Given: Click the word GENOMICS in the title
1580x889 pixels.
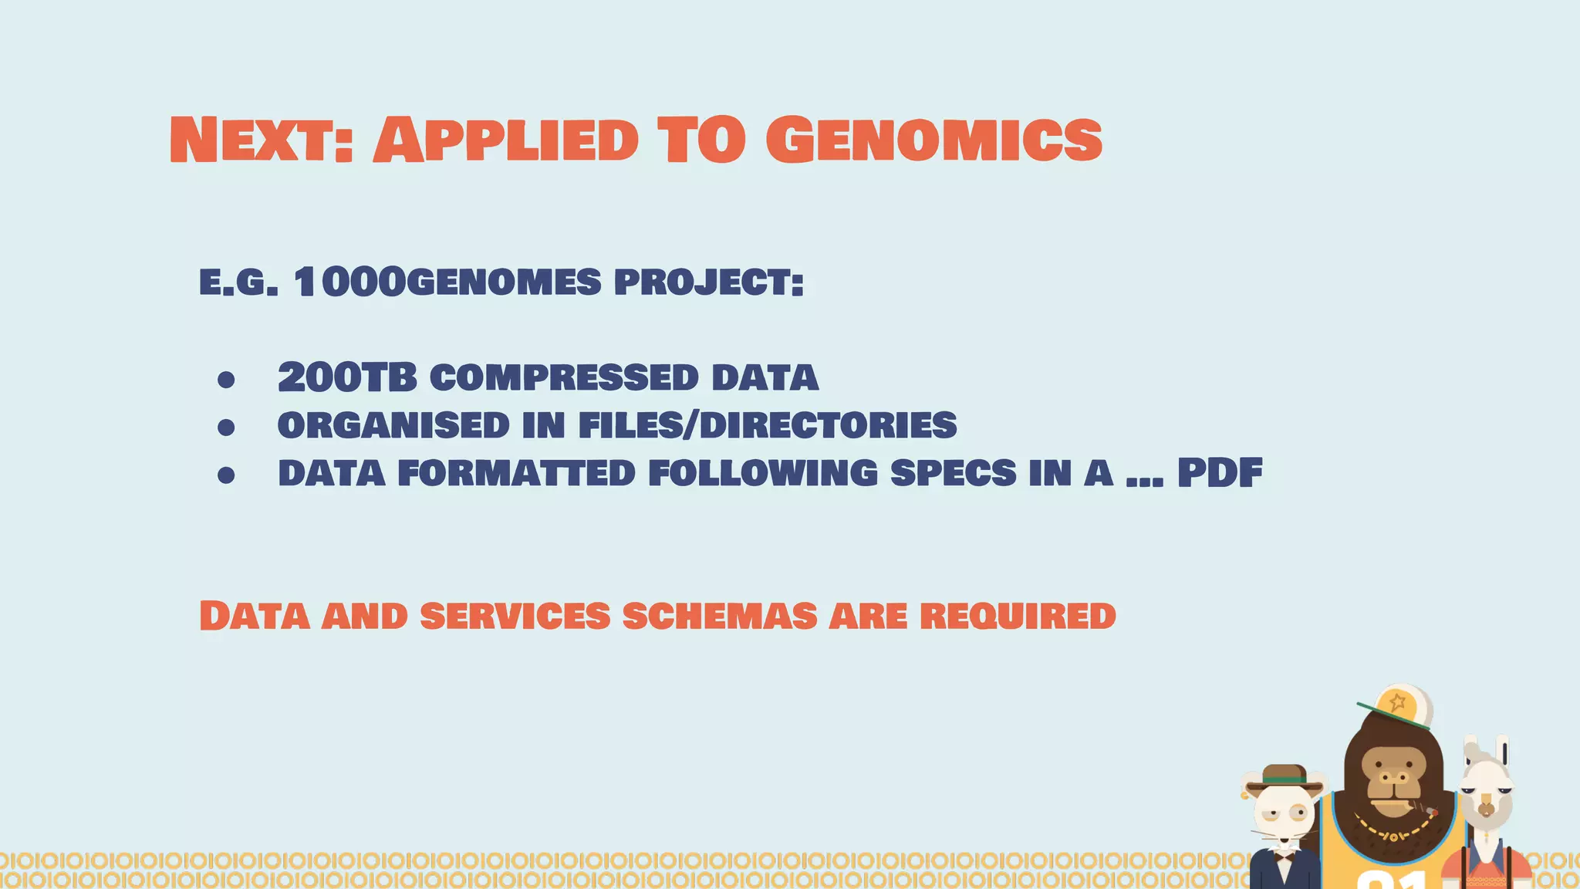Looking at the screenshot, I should click(933, 140).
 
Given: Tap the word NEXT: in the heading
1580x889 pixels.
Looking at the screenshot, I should click(261, 140).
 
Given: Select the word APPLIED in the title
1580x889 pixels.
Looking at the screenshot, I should click(506, 140).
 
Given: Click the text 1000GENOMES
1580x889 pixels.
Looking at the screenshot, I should click(447, 282).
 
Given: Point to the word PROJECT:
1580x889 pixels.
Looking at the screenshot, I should click(708, 282).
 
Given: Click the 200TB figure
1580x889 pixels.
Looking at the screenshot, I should click(346, 378).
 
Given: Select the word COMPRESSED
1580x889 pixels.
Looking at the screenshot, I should click(564, 378).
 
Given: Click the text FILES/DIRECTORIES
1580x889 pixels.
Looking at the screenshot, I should click(767, 426).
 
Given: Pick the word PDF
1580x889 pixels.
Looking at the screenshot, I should click(1219, 474).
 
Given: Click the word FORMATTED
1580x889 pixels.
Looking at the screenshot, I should click(516, 474).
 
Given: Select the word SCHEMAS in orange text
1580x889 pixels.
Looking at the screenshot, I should click(719, 617).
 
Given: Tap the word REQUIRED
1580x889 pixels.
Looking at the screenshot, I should click(1018, 617).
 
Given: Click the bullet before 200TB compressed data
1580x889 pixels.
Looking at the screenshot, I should click(226, 380).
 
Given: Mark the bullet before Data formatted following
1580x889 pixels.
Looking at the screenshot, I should click(226, 475).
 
